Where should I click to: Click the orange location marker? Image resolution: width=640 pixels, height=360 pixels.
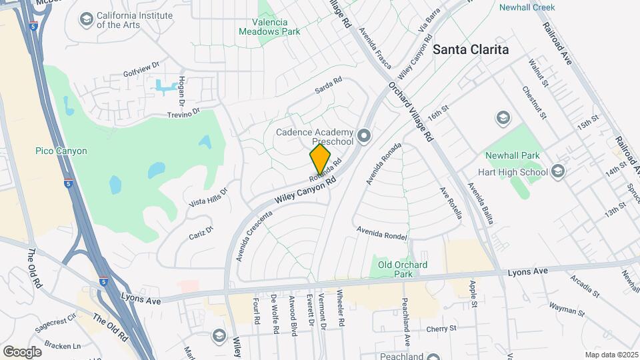tap(320, 159)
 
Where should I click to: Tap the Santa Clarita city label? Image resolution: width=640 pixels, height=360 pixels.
tap(471, 49)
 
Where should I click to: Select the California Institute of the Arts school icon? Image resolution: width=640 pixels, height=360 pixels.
tap(85, 19)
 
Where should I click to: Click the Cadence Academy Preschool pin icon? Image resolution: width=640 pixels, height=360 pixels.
tap(363, 137)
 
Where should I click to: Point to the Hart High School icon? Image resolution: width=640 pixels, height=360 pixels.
tap(557, 172)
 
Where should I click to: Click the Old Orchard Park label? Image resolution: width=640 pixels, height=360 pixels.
tap(403, 269)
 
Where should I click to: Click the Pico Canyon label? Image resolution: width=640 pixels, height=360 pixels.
tap(61, 151)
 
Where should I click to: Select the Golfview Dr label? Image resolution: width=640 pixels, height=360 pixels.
tap(142, 69)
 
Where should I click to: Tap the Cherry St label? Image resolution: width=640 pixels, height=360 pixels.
tap(441, 328)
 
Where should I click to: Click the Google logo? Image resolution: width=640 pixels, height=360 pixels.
tap(22, 351)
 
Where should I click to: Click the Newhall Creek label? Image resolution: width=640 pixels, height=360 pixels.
tap(527, 7)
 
